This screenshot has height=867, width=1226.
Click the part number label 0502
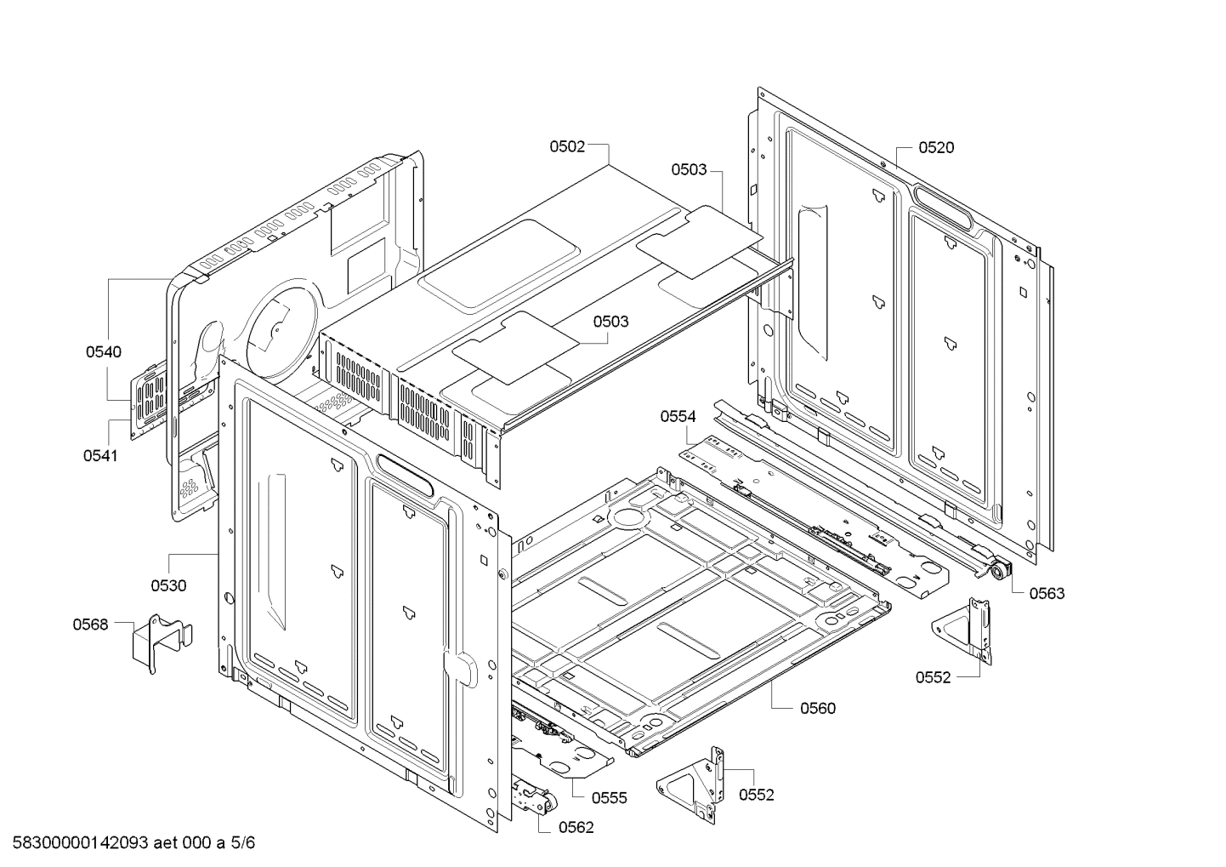pyautogui.click(x=566, y=146)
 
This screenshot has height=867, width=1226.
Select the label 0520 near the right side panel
pyautogui.click(x=935, y=147)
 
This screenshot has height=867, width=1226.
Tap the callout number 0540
pyautogui.click(x=103, y=351)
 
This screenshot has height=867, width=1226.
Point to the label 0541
pyautogui.click(x=100, y=455)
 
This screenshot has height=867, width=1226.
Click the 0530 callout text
pyautogui.click(x=168, y=585)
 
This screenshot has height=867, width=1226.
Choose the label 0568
pyautogui.click(x=90, y=625)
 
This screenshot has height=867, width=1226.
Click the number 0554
pyautogui.click(x=678, y=416)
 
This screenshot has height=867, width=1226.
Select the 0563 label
pyautogui.click(x=1047, y=594)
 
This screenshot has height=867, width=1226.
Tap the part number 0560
pyautogui.click(x=817, y=708)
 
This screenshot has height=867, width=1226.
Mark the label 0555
pyautogui.click(x=609, y=797)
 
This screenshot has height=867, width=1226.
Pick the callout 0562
pyautogui.click(x=576, y=827)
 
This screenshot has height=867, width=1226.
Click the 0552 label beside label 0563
pyautogui.click(x=933, y=677)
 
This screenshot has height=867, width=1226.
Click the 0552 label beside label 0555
pyautogui.click(x=756, y=795)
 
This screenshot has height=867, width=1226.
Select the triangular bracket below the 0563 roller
pyautogui.click(x=965, y=628)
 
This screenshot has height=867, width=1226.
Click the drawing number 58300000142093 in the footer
pyautogui.click(x=80, y=844)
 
